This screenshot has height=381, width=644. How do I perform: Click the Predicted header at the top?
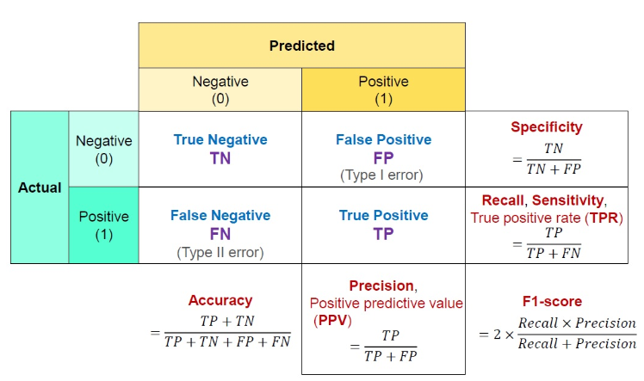pos(301,46)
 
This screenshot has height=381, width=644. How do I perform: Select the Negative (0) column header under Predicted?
pos(220,89)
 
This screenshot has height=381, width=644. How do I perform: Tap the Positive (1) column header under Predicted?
pos(384,89)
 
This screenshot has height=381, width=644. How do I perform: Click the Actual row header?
pos(40,187)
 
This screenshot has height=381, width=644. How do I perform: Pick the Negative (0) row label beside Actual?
pos(104,149)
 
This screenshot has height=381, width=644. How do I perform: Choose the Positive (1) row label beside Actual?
pos(104,224)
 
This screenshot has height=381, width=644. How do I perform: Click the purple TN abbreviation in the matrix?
pos(220,157)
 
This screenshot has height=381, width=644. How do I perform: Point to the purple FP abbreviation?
pos(383,157)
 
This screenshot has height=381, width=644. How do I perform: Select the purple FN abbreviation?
pos(220,234)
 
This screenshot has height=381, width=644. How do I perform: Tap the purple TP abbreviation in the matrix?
pos(383,234)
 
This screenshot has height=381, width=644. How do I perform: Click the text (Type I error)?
pos(383,175)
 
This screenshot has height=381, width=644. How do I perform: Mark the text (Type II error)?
pos(220,252)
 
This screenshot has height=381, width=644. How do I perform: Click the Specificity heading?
pos(547,127)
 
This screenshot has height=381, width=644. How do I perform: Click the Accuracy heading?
pos(220,300)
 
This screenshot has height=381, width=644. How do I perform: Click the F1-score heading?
pos(553,301)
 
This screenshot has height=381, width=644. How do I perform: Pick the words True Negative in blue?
pos(220,139)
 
